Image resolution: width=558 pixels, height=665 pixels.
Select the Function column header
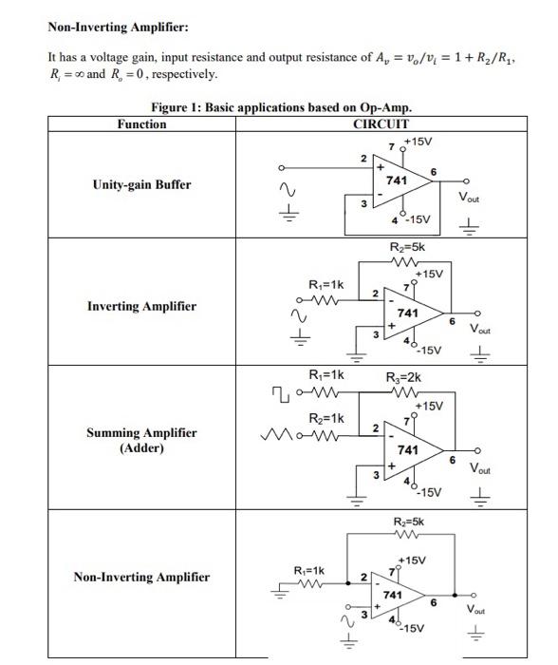tap(140, 123)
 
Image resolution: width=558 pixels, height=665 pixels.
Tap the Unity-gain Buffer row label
tap(140, 184)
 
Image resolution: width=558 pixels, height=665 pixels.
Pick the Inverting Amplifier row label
tap(140, 306)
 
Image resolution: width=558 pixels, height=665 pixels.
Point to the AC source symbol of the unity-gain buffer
tap(282, 190)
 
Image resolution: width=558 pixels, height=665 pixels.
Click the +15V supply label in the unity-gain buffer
tap(418, 142)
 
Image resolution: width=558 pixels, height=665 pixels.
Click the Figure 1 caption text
tap(281, 107)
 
